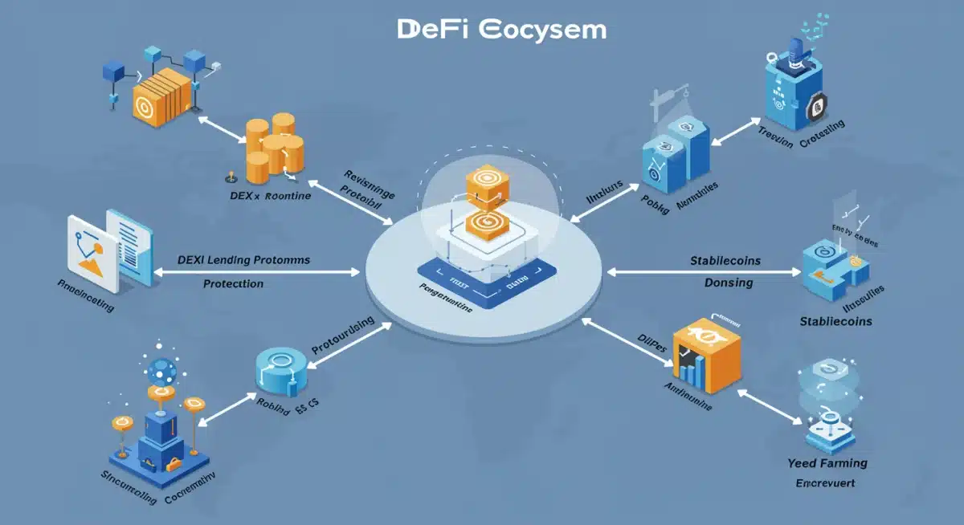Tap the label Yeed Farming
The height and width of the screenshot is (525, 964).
pos(827,463)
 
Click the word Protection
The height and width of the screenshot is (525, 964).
pos(233,283)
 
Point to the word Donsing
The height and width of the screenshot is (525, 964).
pos(728,283)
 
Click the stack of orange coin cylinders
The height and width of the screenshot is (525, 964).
pos(273,146)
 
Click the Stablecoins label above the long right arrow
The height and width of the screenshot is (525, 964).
pos(725,261)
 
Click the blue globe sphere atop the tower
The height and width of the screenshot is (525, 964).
pos(162,371)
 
